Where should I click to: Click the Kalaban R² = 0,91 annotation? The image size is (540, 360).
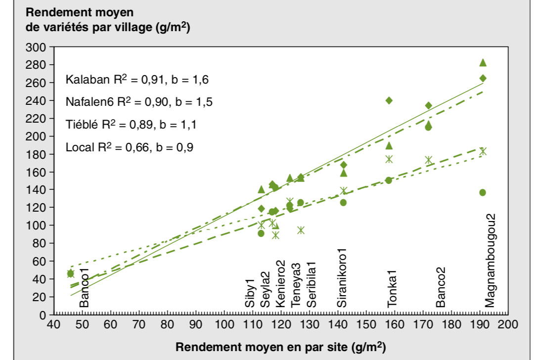click(x=140, y=80)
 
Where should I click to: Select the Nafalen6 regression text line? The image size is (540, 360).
click(x=140, y=102)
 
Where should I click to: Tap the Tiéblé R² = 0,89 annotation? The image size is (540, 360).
click(x=131, y=125)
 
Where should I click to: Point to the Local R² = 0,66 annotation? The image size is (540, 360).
click(x=130, y=147)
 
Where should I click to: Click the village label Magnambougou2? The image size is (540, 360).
click(x=490, y=261)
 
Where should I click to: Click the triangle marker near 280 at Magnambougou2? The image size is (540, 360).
click(x=483, y=62)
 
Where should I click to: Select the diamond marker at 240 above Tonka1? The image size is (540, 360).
click(x=389, y=100)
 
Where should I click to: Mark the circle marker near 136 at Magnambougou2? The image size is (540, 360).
click(x=483, y=192)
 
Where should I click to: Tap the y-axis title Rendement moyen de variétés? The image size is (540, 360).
click(x=107, y=20)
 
